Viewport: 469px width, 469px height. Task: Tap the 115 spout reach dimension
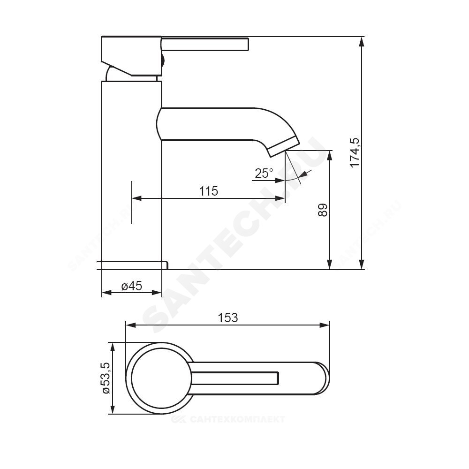tap(209, 191)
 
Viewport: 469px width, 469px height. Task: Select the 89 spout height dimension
tap(323, 210)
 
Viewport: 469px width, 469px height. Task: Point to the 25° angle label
tap(264, 173)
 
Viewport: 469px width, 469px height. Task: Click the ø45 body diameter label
tap(132, 286)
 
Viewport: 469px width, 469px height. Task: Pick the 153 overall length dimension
tap(227, 318)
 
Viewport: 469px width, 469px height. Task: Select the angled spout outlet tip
tap(283, 147)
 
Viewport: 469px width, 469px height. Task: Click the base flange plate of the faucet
tap(133, 265)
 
